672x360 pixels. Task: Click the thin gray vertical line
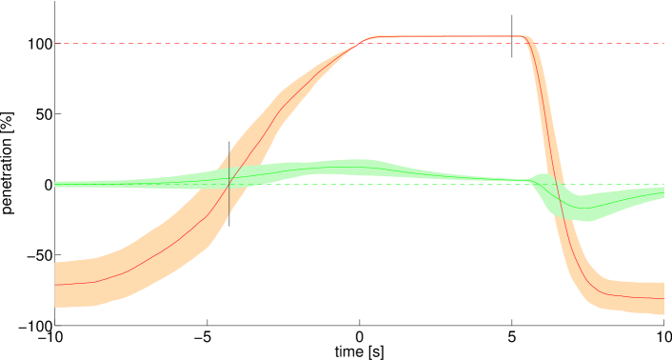pos(228,181)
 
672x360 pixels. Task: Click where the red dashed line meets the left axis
pos(55,43)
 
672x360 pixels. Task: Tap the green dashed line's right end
pos(663,185)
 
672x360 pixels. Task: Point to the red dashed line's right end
pos(663,43)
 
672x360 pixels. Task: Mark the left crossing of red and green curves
pos(231,176)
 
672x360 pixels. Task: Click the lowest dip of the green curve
pos(583,208)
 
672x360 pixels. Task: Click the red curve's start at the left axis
pos(55,285)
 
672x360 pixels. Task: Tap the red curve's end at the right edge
pos(663,298)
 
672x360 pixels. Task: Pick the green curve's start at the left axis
pos(55,184)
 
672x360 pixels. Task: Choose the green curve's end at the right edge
pos(663,193)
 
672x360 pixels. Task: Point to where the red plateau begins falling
pos(525,37)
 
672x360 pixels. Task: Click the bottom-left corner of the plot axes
pos(55,326)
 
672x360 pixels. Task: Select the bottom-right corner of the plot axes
pos(663,326)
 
